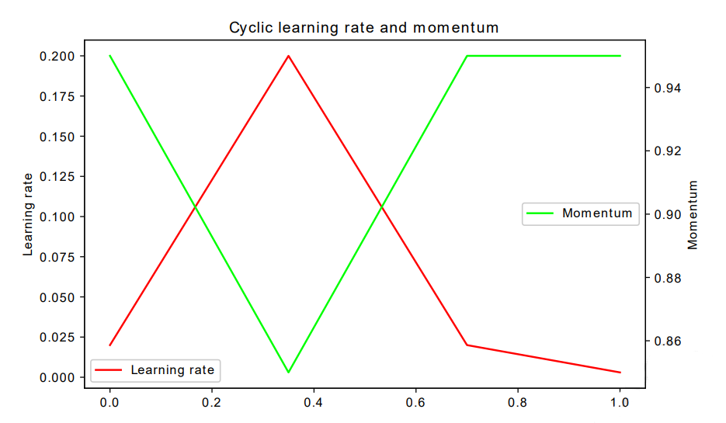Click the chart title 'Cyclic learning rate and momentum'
pyautogui.click(x=363, y=28)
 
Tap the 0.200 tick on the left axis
pyautogui.click(x=59, y=56)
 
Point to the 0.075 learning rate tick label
pyautogui.click(x=59, y=257)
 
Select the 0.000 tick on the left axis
pyautogui.click(x=59, y=377)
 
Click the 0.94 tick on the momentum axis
pyautogui.click(x=667, y=88)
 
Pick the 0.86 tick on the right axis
pyautogui.click(x=667, y=341)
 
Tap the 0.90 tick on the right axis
pyautogui.click(x=667, y=214)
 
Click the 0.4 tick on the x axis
pyautogui.click(x=314, y=404)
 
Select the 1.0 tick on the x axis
pyautogui.click(x=620, y=404)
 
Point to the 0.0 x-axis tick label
pyautogui.click(x=109, y=404)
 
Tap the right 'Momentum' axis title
pyautogui.click(x=693, y=215)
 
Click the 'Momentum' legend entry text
pyautogui.click(x=597, y=213)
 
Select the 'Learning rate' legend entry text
pyautogui.click(x=172, y=370)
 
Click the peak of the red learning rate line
pyautogui.click(x=288, y=56)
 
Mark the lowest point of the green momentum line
pyautogui.click(x=288, y=373)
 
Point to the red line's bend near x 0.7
pyautogui.click(x=467, y=345)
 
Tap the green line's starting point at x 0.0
pyautogui.click(x=110, y=56)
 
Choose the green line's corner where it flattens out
pyautogui.click(x=467, y=56)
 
